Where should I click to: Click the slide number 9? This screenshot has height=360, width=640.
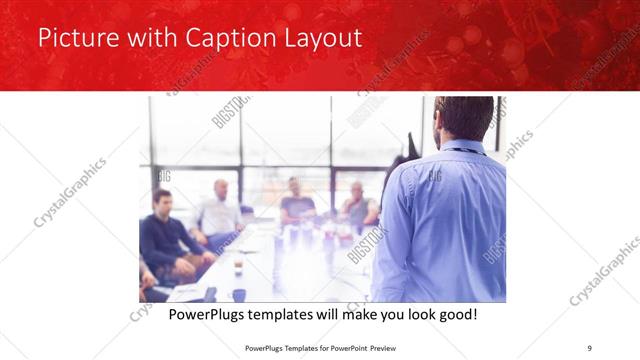590,348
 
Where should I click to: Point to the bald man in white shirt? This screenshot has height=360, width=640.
219,210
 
